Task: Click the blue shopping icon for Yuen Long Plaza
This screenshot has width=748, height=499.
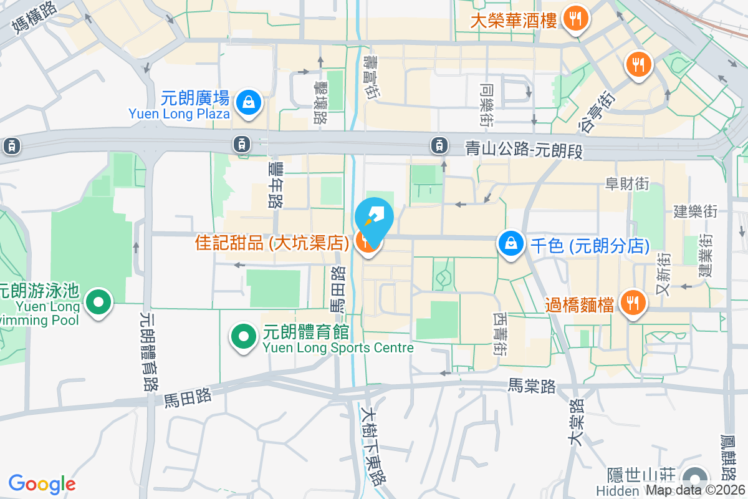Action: point(249,101)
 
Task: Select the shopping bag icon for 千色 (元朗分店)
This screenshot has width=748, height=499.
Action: point(511,243)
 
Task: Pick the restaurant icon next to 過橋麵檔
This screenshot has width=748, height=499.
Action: point(633,304)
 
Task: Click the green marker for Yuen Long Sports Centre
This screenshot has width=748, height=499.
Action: point(244,337)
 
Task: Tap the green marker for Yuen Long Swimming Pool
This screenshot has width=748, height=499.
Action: point(98,303)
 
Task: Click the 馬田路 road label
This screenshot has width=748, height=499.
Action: point(188,397)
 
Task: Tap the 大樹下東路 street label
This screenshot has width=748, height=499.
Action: point(374,444)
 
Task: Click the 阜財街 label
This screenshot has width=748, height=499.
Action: point(628,184)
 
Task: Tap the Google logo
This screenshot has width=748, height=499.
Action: point(42,484)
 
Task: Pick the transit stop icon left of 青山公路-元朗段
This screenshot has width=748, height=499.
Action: point(439,146)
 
